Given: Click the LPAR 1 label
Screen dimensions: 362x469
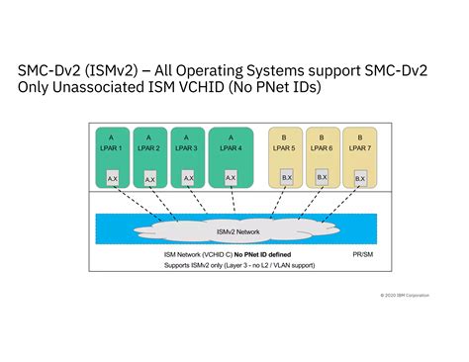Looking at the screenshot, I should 111,147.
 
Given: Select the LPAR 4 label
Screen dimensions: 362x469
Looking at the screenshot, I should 230,147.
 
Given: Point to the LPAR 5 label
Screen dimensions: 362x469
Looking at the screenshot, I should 285,147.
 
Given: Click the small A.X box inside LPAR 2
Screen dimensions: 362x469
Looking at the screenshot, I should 149,179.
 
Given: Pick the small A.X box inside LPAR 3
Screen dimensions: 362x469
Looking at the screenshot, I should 188,178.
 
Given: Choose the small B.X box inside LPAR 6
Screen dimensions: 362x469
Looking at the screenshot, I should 322,177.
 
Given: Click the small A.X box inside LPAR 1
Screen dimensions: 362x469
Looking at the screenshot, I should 113,178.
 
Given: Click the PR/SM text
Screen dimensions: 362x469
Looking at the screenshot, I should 363,254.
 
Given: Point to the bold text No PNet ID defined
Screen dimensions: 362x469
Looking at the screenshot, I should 253,254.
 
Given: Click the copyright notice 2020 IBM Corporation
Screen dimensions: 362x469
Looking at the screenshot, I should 407,295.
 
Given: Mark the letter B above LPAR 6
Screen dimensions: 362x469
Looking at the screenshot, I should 322,136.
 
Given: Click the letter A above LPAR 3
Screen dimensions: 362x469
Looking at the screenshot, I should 187,136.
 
